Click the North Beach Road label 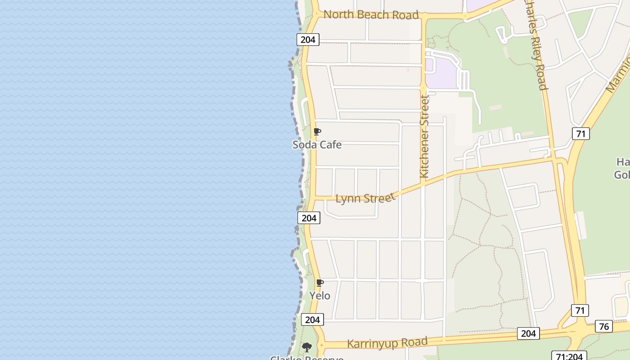pos(371,15)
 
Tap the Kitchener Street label pos(424,136)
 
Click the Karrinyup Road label pos(387,343)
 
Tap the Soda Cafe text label pos(317,145)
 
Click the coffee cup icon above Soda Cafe pos(317,132)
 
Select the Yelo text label pos(319,296)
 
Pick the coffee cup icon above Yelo pos(320,283)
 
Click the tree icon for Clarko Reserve pos(307,347)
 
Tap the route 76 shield pos(603,326)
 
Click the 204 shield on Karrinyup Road pos(528,333)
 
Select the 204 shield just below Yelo pos(312,319)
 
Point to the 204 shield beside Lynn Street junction pos(309,218)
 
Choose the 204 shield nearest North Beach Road pos(308,40)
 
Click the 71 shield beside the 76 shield pos(580,310)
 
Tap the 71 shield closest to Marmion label pos(580,134)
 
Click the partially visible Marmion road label pos(619,74)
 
